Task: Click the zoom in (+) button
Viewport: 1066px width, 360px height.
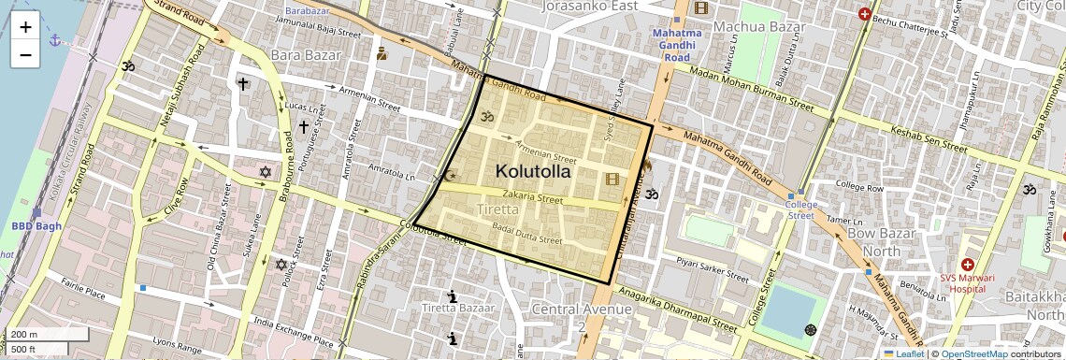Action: point(25,26)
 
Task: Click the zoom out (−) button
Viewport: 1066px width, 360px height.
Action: point(25,54)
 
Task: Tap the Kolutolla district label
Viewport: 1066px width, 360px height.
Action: point(532,171)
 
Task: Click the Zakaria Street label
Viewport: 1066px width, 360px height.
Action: point(532,198)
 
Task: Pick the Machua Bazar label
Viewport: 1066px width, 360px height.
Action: point(759,26)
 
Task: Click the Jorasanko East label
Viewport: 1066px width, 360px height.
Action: point(589,7)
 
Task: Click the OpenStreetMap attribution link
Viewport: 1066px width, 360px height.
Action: point(973,353)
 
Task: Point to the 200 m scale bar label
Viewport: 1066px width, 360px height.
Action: point(24,334)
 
